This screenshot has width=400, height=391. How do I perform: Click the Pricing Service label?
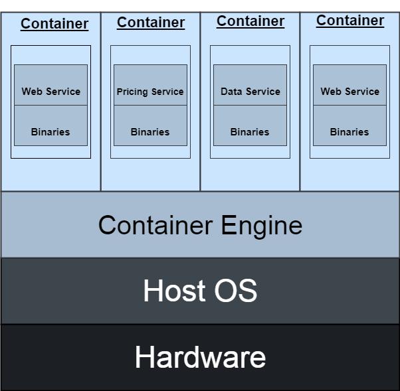(150, 92)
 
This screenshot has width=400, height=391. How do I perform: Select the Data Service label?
(250, 92)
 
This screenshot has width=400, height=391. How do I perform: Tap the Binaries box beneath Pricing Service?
(150, 125)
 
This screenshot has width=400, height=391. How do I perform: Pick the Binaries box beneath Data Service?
(250, 125)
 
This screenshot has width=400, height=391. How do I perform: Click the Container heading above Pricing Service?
(151, 23)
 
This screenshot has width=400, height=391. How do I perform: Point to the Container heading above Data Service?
(250, 21)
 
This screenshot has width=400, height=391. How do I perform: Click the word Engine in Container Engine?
(262, 226)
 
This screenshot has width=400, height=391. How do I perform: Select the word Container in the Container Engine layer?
(155, 225)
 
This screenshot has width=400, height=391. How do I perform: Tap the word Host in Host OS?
(175, 290)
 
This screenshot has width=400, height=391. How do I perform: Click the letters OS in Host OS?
(235, 290)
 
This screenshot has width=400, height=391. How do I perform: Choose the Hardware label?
(200, 357)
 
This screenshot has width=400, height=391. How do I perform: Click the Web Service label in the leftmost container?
(50, 92)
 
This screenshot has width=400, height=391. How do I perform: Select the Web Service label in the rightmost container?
(350, 92)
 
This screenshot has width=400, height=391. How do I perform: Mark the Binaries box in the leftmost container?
(50, 125)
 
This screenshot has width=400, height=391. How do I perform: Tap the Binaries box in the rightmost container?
(350, 125)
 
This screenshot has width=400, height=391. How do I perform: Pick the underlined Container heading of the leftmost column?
(54, 24)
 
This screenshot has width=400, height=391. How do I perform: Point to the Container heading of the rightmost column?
(350, 21)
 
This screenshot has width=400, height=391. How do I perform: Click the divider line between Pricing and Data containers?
(200, 102)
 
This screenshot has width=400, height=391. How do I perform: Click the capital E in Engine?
(229, 224)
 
